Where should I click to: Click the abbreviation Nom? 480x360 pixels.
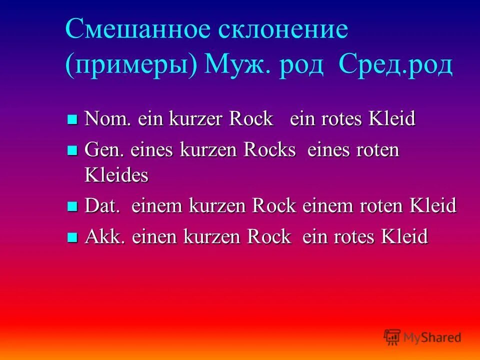[x=105, y=119]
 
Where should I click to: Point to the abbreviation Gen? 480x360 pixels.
[x=104, y=150]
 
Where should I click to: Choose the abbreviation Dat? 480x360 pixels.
[x=103, y=206]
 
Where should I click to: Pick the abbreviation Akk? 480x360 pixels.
[x=104, y=236]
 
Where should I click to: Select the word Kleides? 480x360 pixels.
[x=117, y=175]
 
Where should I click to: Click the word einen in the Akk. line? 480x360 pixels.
[x=153, y=236]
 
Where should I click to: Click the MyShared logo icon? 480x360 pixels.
[x=392, y=337]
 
